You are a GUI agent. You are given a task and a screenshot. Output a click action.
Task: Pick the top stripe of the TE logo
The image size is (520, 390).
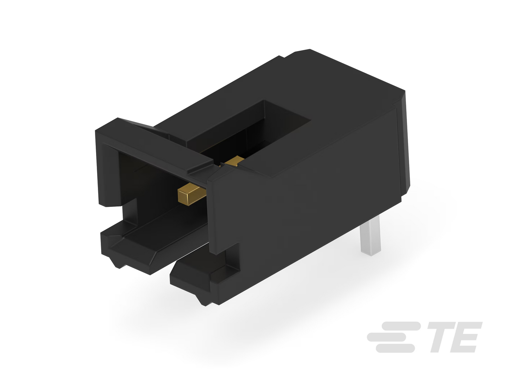[401, 326]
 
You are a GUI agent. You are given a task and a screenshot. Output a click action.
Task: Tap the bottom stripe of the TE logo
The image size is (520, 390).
[395, 348]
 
